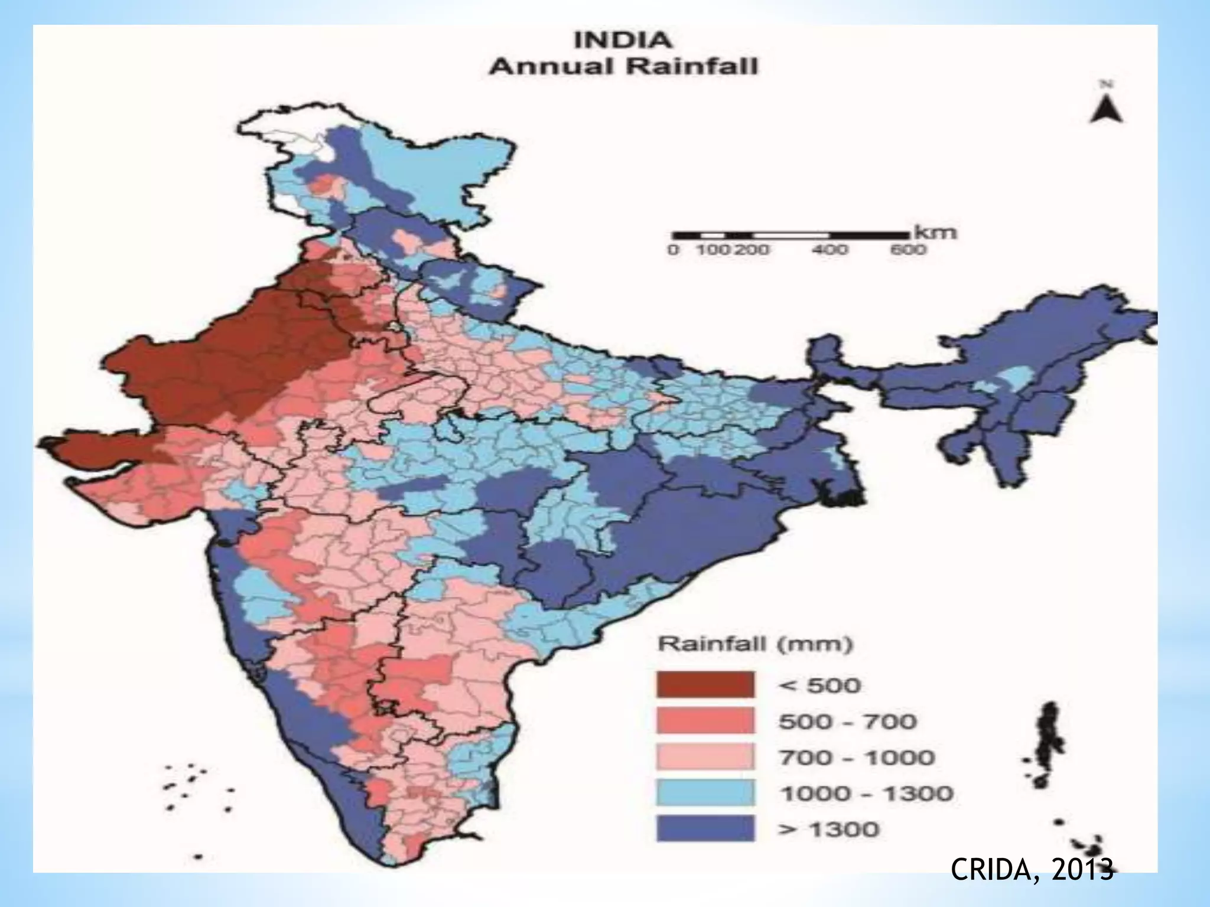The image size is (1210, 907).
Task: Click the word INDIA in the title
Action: click(623, 41)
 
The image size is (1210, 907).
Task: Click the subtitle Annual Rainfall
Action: click(623, 66)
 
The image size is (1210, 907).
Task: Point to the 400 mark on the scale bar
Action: click(830, 250)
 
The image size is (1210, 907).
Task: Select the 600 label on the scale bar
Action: click(908, 250)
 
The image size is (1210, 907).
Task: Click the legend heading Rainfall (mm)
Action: click(755, 644)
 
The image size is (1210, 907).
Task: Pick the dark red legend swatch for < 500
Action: click(705, 685)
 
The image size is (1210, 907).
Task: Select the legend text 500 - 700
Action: click(847, 722)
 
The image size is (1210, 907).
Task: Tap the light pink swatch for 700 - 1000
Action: click(705, 757)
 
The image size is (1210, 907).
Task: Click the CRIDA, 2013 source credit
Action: click(1032, 869)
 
